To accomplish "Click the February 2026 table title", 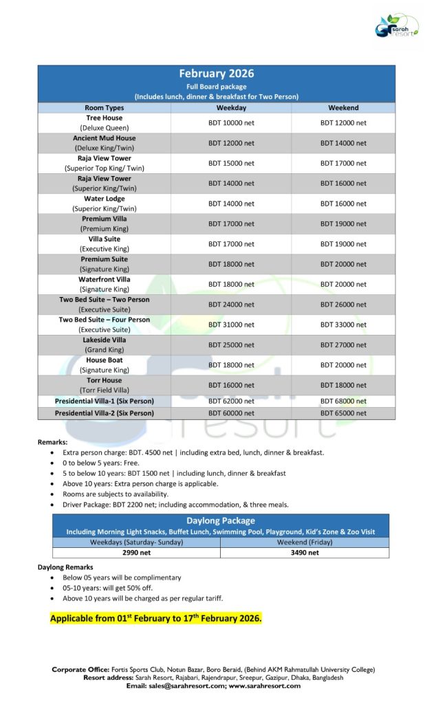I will coord(217,74).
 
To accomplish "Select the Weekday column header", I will coord(231,108).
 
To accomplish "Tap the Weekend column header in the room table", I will coord(343,108).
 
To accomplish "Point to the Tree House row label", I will coord(104,118).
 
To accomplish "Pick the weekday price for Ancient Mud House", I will coord(231,143).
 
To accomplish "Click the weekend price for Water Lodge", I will coord(343,203).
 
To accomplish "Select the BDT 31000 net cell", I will coord(231,324).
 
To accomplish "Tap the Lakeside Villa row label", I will coord(104,340).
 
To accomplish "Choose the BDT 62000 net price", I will coord(231,401).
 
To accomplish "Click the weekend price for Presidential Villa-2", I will coord(343,413).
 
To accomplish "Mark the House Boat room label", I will coord(104,360).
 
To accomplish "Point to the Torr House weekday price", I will coord(231,385).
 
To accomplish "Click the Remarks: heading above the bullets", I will coord(52,442).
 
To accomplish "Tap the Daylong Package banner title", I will coord(220,521).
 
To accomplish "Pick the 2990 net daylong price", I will coord(136,552).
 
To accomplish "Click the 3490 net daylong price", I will coord(305,552).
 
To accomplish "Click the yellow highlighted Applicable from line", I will coord(156,619).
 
